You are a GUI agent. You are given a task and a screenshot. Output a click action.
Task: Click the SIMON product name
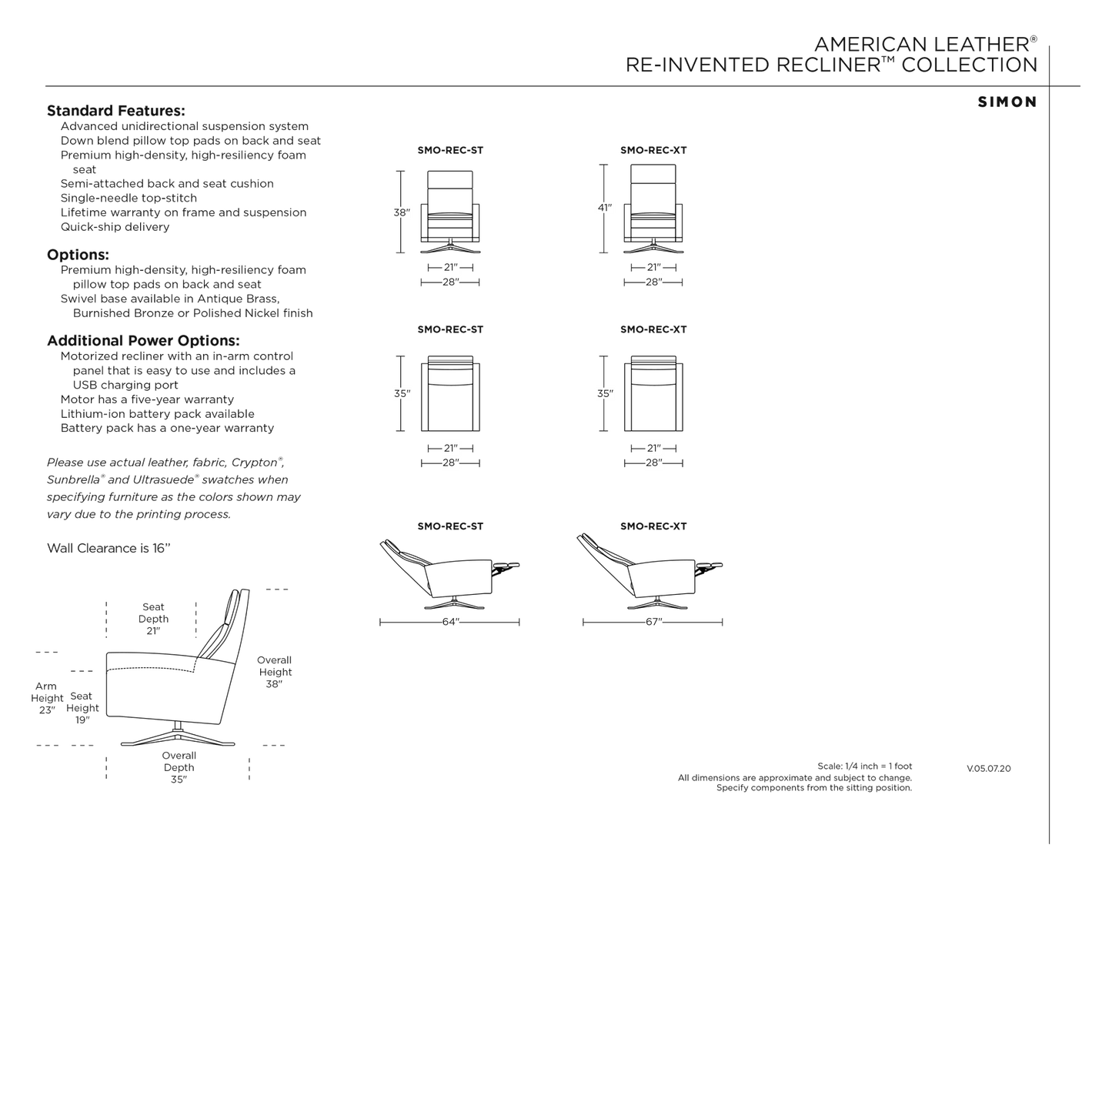click(1007, 102)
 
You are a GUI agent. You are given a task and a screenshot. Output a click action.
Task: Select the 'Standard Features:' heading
click(116, 110)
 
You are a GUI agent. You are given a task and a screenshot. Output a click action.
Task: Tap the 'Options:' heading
click(78, 255)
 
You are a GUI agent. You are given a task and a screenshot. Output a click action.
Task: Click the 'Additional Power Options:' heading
click(143, 340)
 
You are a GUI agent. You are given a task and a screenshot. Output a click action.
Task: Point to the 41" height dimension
click(605, 207)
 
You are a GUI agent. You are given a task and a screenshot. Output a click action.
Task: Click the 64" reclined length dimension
click(450, 622)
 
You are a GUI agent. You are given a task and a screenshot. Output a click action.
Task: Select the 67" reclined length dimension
click(653, 622)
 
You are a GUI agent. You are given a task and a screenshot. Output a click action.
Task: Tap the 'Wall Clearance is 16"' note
click(109, 548)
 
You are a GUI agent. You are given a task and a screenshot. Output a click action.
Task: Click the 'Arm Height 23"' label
click(47, 698)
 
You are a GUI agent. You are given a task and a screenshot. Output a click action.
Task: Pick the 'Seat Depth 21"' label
click(153, 619)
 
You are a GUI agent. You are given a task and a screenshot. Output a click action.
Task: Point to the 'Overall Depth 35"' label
click(179, 767)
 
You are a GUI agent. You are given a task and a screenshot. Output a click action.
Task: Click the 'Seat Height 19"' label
click(82, 708)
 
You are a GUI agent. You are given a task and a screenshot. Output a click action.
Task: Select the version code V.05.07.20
click(989, 769)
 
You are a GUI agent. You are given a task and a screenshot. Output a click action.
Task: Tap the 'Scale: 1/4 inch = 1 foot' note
click(864, 766)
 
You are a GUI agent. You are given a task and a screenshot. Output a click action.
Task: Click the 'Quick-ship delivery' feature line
click(115, 227)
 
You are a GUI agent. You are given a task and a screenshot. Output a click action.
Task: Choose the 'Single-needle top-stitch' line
click(129, 198)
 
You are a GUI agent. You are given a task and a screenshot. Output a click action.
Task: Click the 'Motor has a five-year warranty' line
click(147, 399)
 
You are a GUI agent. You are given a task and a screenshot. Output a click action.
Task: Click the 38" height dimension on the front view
click(402, 212)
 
